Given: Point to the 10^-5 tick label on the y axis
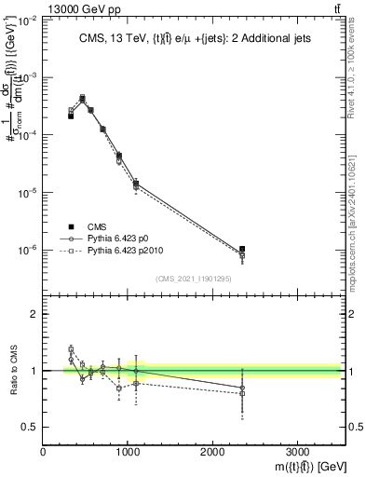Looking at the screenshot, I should (x=29, y=193).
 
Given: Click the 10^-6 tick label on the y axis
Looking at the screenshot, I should (x=29, y=250).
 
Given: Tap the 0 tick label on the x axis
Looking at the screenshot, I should (x=44, y=452).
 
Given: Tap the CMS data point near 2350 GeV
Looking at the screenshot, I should (x=242, y=249).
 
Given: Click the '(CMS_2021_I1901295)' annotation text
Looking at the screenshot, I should (x=194, y=279).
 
